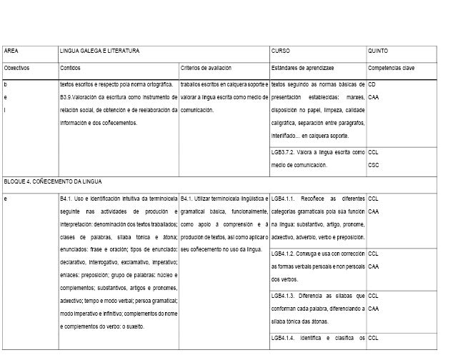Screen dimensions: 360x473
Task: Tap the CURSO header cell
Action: [281, 51]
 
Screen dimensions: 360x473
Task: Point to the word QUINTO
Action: [378, 51]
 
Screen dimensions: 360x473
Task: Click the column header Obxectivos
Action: [16, 68]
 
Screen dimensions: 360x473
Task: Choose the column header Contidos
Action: [71, 68]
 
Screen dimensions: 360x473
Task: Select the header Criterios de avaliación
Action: [206, 68]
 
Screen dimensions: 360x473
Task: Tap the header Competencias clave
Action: [392, 68]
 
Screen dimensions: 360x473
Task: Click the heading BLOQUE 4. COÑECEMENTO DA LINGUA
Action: [53, 181]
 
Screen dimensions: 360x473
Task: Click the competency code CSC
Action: [373, 166]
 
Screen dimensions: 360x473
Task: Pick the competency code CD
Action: [372, 84]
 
